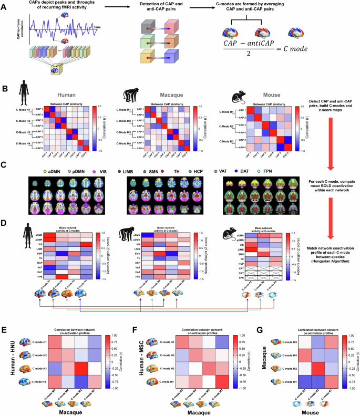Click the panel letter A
[x=4, y=5]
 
